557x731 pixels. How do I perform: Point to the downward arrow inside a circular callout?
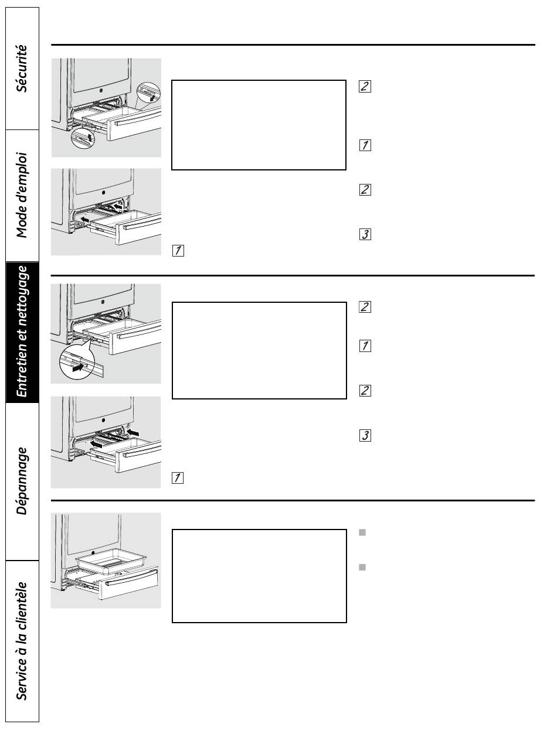click(152, 97)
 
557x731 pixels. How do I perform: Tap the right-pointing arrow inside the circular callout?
click(79, 367)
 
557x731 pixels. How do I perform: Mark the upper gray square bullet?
click(362, 532)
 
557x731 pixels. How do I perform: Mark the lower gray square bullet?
click(362, 568)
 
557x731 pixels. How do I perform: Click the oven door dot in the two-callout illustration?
click(101, 90)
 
